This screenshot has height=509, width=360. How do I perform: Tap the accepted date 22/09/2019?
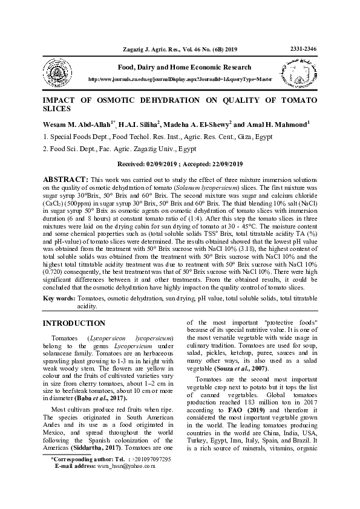click(223, 164)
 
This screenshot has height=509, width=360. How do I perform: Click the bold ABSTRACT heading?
click(64, 180)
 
